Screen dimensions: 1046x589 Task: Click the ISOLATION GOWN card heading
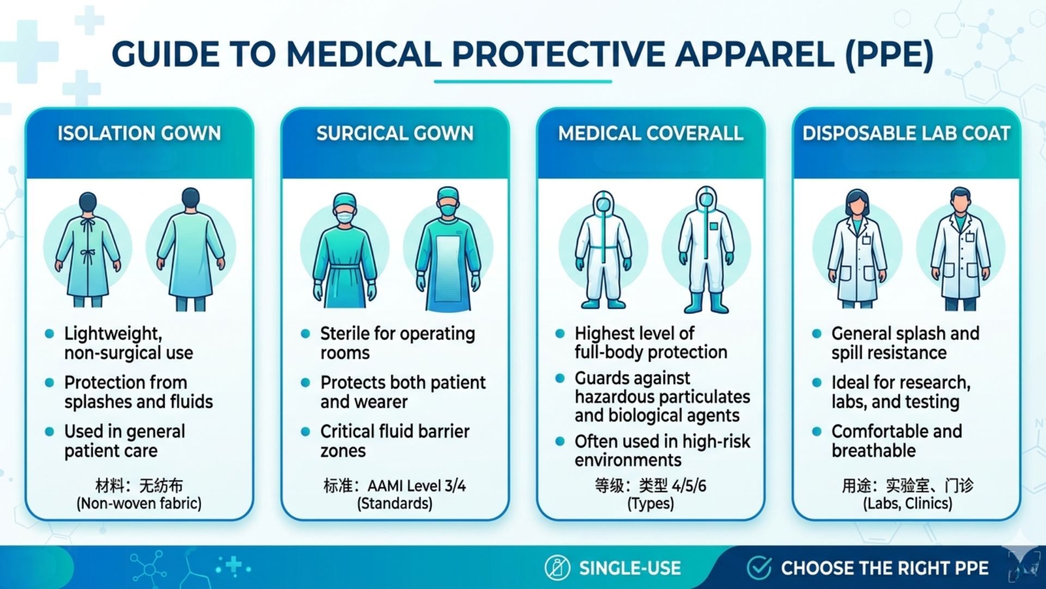point(139,134)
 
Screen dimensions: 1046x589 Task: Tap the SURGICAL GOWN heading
point(395,134)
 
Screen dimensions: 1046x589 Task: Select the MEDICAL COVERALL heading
point(650,134)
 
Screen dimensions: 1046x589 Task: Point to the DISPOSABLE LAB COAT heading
point(907,134)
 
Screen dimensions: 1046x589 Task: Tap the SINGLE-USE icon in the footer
point(557,568)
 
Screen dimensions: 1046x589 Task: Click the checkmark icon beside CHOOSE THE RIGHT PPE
point(759,568)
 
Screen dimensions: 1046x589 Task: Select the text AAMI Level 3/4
point(417,485)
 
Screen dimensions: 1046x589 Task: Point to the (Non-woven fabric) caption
point(139,503)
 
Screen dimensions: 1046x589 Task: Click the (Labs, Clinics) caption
point(908,503)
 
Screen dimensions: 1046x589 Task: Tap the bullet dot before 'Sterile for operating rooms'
point(306,333)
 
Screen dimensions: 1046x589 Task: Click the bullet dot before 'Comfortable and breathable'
point(817,431)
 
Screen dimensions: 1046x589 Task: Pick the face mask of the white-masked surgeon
point(345,217)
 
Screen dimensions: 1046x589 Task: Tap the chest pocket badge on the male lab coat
point(970,237)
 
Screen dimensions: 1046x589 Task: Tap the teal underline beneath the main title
point(523,82)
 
